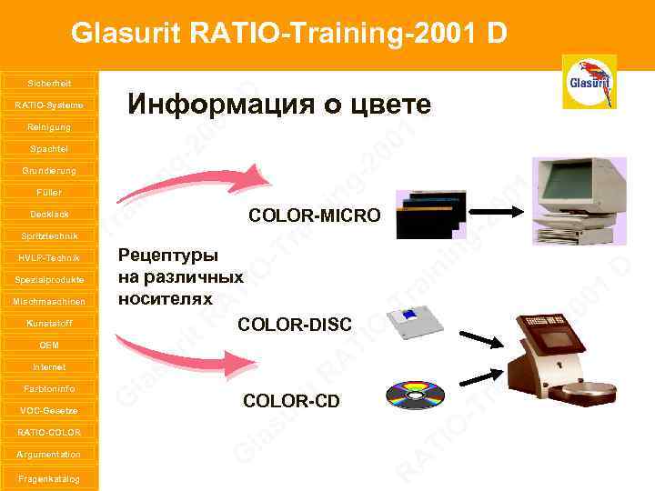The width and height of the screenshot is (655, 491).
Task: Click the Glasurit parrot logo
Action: click(590, 82)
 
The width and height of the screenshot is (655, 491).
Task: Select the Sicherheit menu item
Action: click(49, 83)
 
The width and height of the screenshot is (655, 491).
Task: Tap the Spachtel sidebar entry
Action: click(49, 148)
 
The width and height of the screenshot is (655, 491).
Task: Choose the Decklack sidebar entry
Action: click(49, 215)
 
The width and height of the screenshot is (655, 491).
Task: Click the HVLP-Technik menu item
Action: click(49, 257)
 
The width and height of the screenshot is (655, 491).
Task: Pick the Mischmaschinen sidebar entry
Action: click(49, 301)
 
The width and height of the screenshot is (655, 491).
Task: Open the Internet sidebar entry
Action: click(49, 367)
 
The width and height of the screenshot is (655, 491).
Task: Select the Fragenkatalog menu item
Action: click(49, 478)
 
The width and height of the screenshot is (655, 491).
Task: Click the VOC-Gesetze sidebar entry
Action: click(49, 411)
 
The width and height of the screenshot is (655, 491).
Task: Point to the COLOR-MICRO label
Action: click(315, 215)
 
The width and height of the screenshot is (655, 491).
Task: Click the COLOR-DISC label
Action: click(295, 324)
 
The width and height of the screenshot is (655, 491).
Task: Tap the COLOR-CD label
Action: click(291, 400)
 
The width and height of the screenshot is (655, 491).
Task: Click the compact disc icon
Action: click(415, 396)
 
